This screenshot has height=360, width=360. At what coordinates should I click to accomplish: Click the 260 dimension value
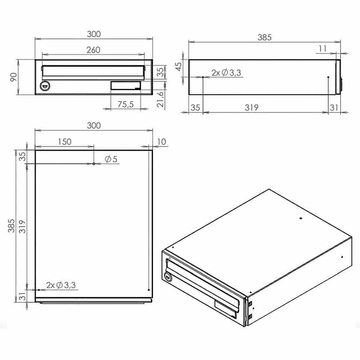click(93, 50)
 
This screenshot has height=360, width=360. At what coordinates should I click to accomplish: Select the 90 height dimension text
click(13, 77)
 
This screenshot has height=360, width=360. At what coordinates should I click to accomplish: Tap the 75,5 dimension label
click(126, 104)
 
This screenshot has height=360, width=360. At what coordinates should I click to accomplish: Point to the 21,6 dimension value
click(161, 99)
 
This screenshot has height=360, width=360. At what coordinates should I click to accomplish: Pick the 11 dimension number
click(323, 48)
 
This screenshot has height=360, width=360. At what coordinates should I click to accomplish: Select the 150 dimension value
click(64, 141)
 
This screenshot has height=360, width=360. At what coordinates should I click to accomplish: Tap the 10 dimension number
click(162, 141)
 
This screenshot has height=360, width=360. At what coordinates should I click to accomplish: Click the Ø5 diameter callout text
click(111, 159)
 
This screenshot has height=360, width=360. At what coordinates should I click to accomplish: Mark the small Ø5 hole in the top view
click(94, 163)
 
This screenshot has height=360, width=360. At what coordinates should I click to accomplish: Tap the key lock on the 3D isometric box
click(168, 276)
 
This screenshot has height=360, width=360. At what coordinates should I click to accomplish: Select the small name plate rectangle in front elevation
click(125, 86)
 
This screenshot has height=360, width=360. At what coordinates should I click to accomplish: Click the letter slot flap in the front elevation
click(93, 72)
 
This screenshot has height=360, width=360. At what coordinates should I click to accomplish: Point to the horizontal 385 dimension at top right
click(264, 37)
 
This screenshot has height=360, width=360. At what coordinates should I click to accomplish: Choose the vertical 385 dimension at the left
click(12, 225)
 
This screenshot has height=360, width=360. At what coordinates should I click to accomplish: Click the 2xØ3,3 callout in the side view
click(226, 73)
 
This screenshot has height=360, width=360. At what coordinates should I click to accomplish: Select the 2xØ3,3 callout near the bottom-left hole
click(61, 285)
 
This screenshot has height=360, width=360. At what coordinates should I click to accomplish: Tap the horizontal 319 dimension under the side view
click(252, 107)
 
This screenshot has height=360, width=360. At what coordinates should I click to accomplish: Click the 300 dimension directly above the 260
click(94, 34)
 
